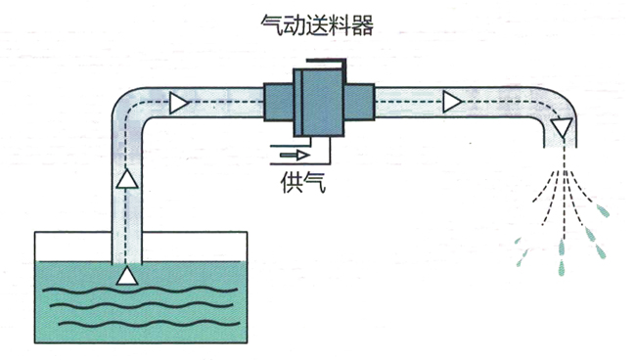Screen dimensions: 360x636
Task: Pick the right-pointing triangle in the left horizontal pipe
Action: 178,101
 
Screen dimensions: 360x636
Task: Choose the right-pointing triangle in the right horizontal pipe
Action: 451,101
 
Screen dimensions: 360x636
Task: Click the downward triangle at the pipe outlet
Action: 561,127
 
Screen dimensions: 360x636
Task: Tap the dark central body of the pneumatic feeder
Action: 318,102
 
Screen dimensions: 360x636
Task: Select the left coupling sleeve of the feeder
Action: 279,101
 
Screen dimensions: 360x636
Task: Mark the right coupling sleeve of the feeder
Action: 358,101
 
